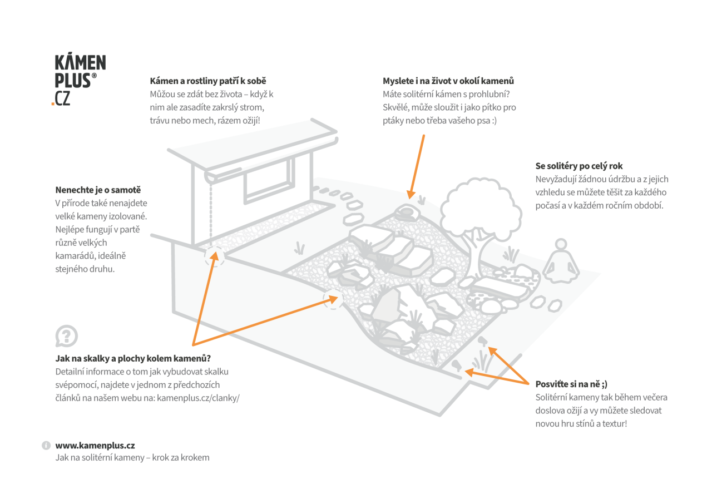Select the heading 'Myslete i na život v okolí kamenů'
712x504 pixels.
(x=448, y=81)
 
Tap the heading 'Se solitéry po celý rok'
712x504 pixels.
(x=578, y=166)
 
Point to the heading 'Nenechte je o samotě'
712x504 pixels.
(x=98, y=190)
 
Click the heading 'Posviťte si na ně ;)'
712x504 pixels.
(x=571, y=384)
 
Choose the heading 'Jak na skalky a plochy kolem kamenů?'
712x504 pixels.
(x=133, y=358)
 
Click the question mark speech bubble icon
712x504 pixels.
(x=66, y=336)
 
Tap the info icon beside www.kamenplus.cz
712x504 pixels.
(x=46, y=446)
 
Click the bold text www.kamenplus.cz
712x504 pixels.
(x=95, y=446)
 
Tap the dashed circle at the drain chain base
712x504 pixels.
(x=214, y=256)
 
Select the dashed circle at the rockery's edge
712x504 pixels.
(x=333, y=299)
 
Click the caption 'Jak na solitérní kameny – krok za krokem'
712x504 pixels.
(x=132, y=457)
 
